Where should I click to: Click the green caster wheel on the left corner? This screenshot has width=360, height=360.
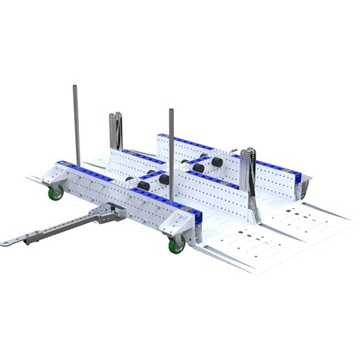(56, 194)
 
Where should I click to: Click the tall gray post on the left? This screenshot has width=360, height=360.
(76, 125)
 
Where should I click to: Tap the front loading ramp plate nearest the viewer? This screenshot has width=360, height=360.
(228, 254)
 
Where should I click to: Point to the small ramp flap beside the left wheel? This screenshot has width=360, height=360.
(38, 179)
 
